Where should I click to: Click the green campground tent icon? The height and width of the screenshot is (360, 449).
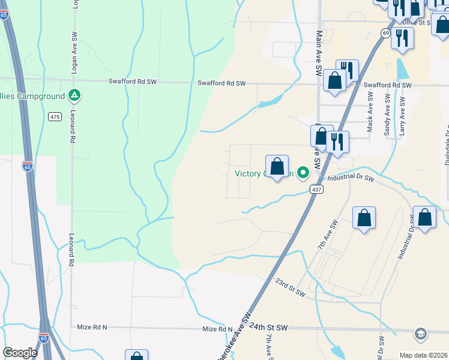pos(74,95)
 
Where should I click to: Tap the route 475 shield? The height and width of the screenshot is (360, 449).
pos(55,116)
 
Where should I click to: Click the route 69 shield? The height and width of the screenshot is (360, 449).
pos(385,33)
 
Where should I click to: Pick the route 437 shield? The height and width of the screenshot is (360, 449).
pos(317,189)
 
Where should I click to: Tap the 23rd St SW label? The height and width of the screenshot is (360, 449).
pos(291,287)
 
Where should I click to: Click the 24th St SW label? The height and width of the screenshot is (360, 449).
pos(270,328)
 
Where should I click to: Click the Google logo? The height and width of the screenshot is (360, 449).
pos(20,353)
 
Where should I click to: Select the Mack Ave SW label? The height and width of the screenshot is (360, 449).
pos(370,112)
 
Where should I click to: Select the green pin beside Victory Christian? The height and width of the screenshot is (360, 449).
pos(304,174)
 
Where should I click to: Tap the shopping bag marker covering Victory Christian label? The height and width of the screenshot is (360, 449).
pos(277,167)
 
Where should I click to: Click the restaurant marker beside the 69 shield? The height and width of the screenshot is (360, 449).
pos(402,38)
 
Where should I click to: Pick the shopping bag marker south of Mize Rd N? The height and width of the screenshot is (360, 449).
pos(136,356)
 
